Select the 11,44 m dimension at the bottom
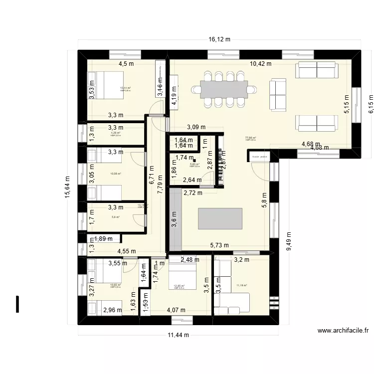click(x=177, y=335)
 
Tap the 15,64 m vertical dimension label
click(x=67, y=187)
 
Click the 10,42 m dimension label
click(x=260, y=64)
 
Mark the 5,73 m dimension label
click(x=219, y=245)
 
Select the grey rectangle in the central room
click(x=220, y=218)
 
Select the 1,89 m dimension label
click(x=104, y=239)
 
